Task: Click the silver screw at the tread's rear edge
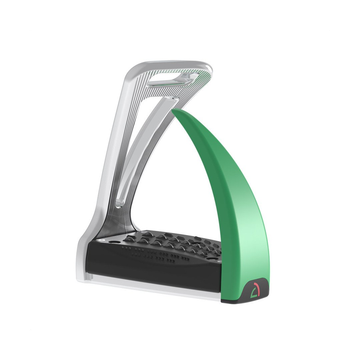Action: pyautogui.click(x=143, y=232)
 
